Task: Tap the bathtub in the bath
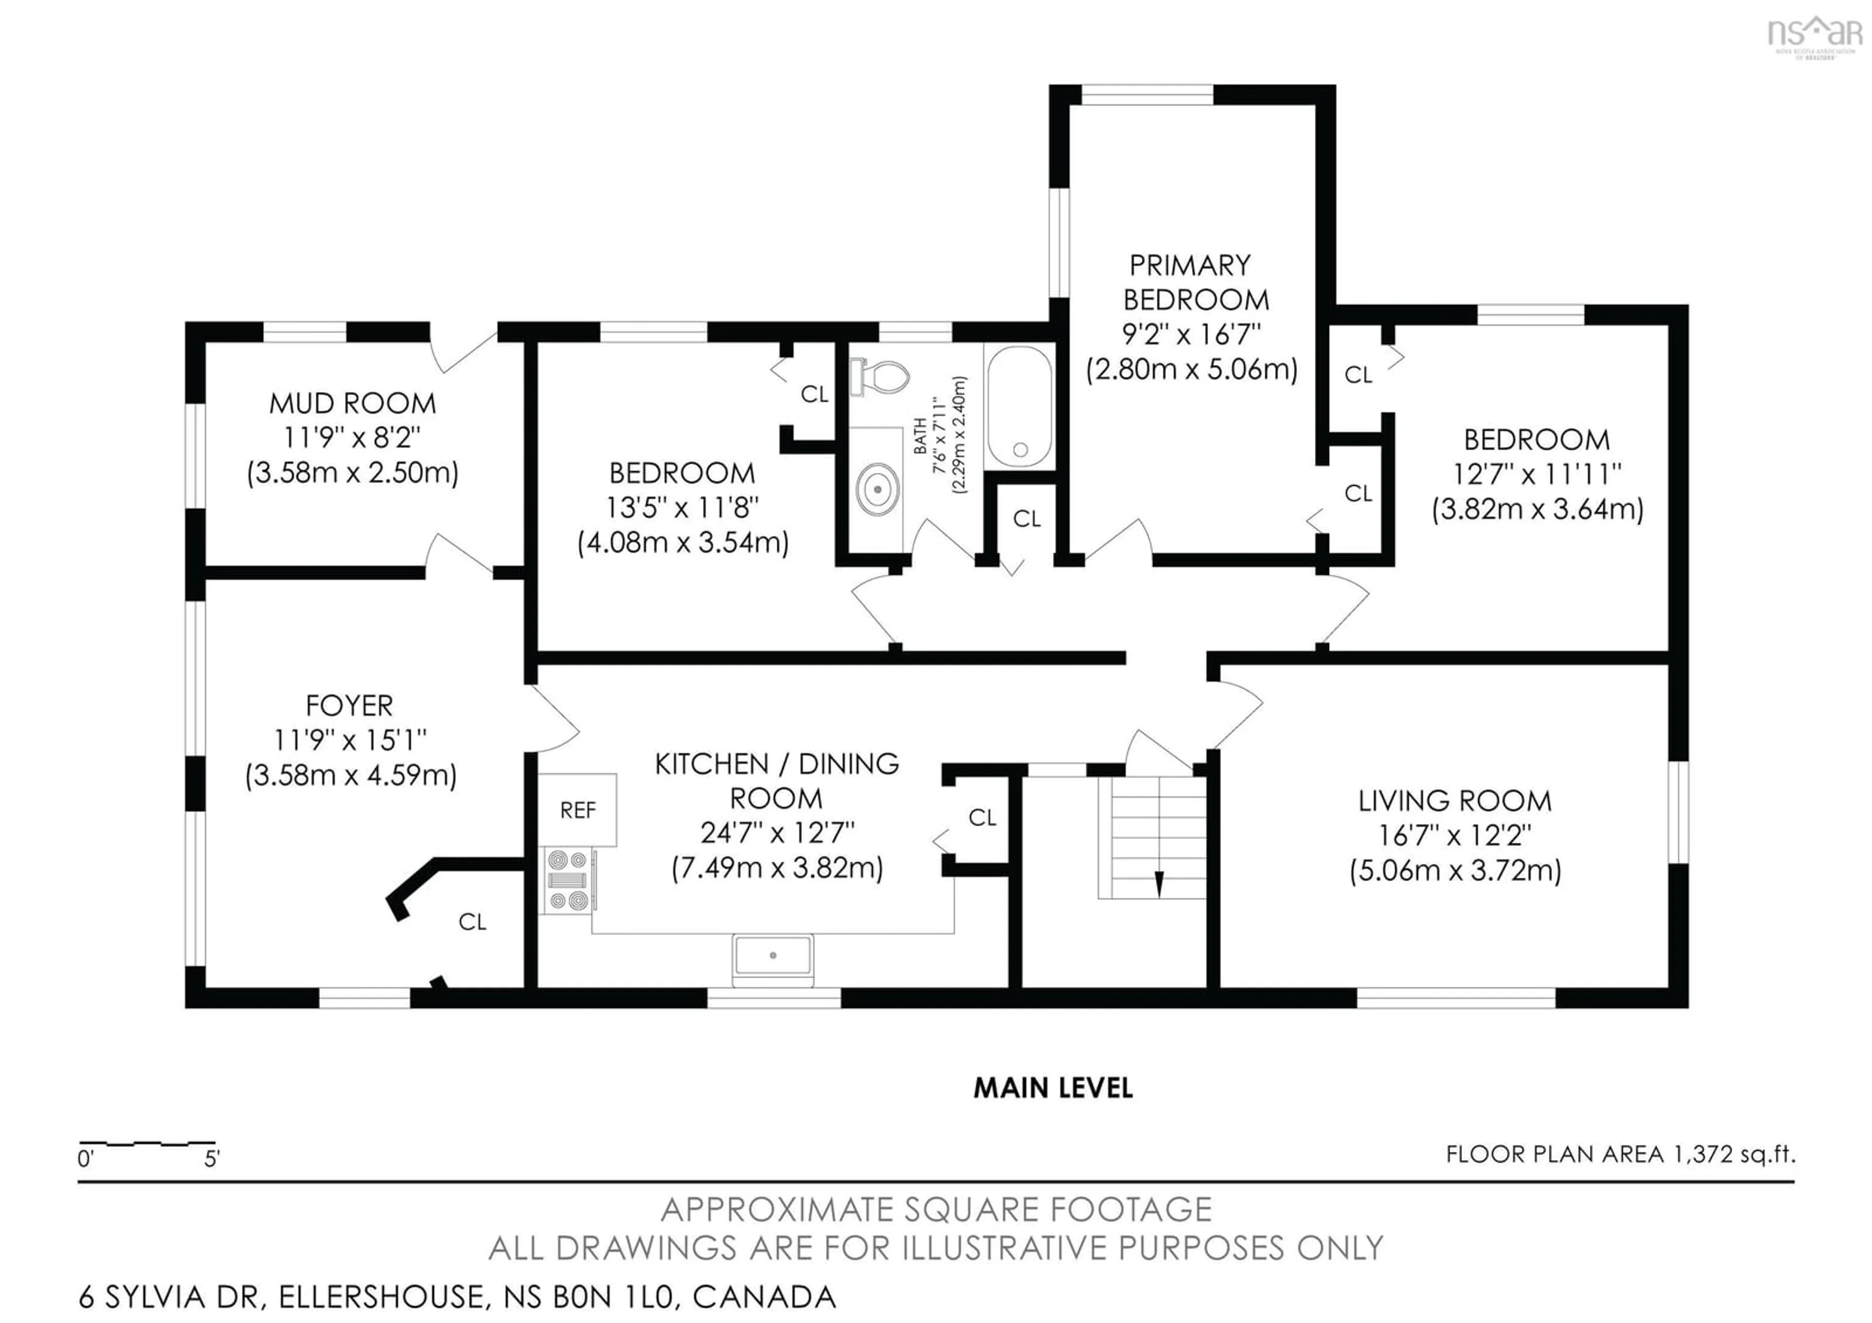coord(1019,407)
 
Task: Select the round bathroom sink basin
coord(877,489)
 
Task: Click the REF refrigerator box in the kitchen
coord(577,810)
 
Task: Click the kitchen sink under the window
coord(773,955)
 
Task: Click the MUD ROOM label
coord(352,404)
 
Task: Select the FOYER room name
coord(349,705)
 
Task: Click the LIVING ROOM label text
coord(1455,801)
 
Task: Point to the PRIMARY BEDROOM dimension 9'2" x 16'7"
coord(1191,335)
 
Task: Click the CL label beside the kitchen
coord(982,817)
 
